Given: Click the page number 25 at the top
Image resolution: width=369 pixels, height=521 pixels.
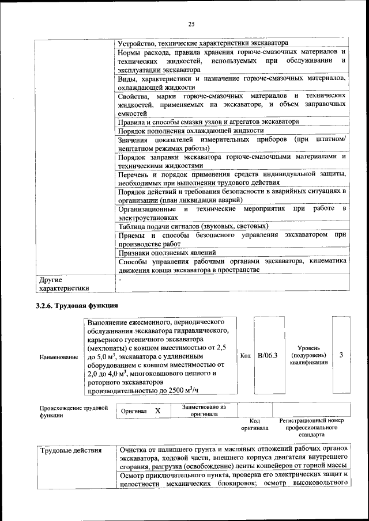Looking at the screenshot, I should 191,24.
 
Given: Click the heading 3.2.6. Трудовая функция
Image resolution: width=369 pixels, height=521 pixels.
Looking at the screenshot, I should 77,304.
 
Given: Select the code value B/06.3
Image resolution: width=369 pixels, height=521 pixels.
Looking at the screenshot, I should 268,356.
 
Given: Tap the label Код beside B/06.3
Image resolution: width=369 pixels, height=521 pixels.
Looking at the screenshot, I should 244,356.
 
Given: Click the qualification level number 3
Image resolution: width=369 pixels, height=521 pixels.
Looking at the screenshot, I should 341,355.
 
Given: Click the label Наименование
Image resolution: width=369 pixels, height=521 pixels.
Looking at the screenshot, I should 58,358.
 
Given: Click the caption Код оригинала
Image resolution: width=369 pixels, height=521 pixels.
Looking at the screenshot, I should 255,424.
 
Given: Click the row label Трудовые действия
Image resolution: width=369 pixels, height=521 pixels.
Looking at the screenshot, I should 63,450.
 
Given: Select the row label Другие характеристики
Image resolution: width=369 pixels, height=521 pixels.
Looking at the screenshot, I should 64,284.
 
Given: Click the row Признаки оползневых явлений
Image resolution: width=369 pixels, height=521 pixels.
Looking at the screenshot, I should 167,252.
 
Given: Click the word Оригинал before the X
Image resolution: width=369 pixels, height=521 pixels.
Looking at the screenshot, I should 134,412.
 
